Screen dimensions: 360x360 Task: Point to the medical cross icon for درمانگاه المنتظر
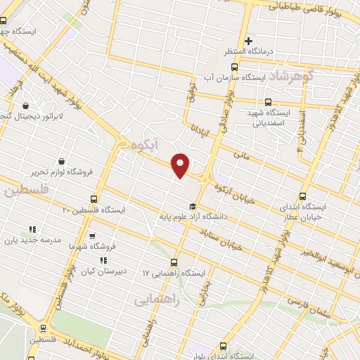coord(247,40)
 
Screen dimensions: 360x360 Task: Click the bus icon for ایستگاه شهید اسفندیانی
coord(269,101)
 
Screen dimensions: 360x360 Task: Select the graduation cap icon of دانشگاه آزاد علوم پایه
coord(192,205)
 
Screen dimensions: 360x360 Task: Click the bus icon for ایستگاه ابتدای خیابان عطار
coord(303,197)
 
